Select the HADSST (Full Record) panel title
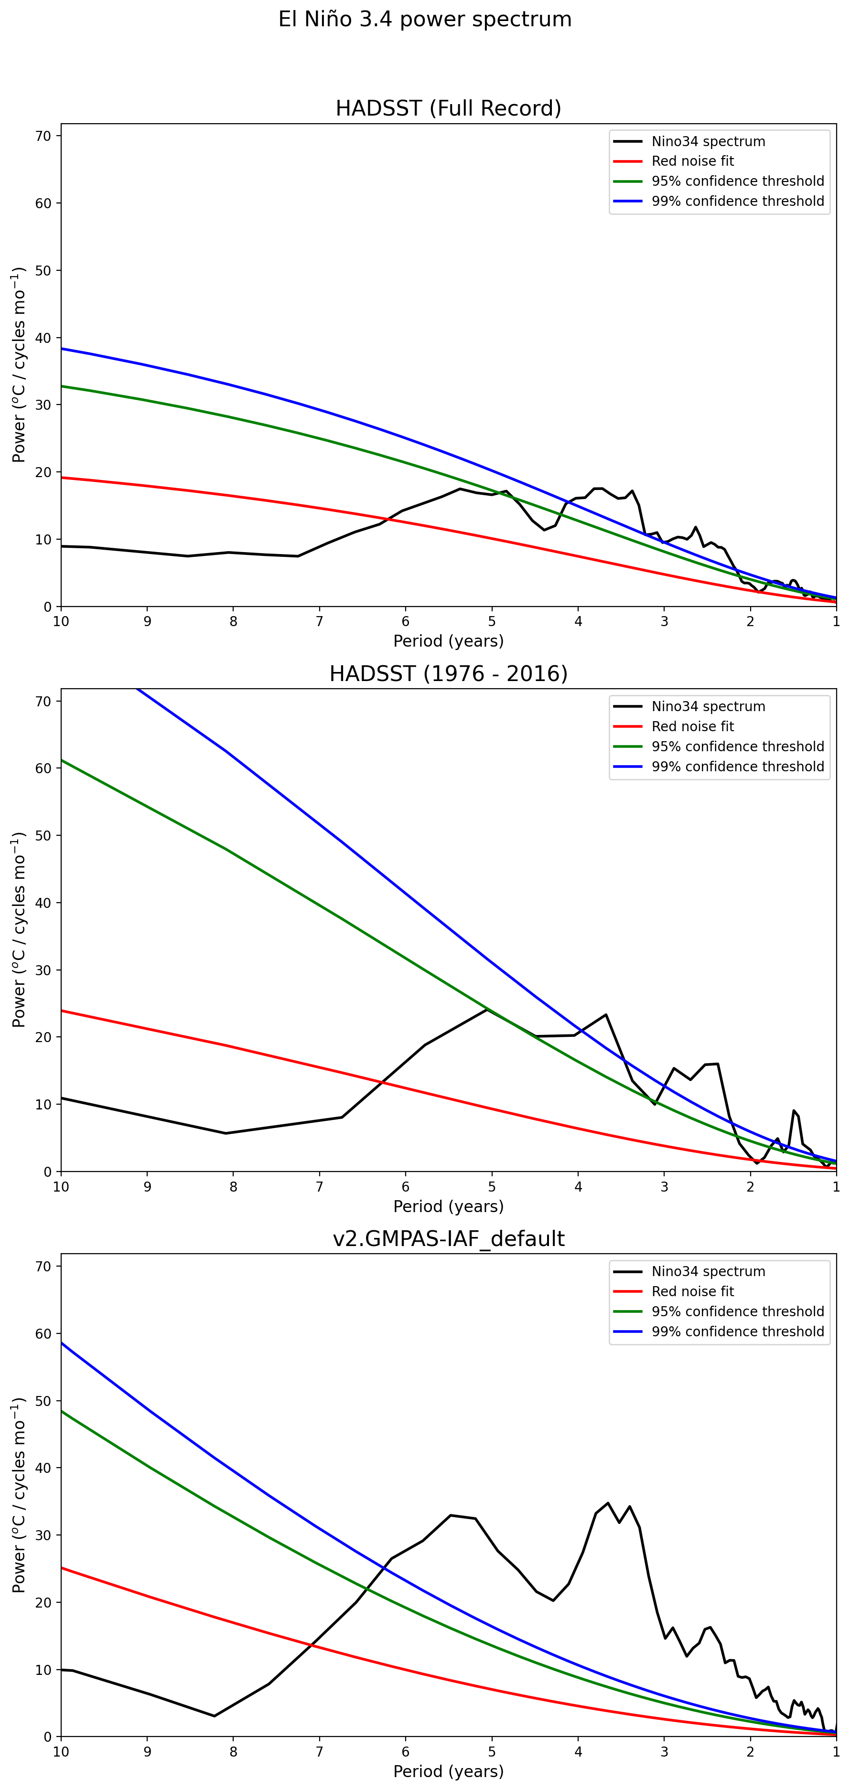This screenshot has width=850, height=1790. [448, 108]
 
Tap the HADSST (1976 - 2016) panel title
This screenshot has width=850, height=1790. [448, 673]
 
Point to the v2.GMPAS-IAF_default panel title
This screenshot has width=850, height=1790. [448, 1238]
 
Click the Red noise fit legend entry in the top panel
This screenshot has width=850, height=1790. [692, 161]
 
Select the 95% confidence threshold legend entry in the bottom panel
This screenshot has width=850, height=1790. [737, 1311]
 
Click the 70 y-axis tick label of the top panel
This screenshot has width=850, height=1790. [43, 136]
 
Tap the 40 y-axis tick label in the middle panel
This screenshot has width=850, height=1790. [43, 903]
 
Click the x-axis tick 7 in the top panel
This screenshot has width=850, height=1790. [320, 621]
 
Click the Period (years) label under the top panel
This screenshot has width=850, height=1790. [448, 640]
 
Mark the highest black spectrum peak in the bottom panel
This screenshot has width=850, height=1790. [608, 1502]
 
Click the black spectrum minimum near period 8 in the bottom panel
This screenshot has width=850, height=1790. [214, 1715]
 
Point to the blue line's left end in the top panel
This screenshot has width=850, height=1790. [62, 349]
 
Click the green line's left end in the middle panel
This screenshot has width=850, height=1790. [62, 760]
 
